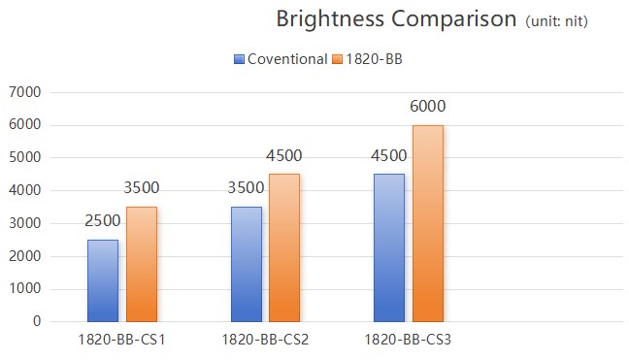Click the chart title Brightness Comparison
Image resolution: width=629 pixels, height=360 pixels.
396,19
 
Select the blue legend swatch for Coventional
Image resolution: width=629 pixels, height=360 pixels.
240,59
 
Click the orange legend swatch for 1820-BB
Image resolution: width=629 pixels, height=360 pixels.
338,59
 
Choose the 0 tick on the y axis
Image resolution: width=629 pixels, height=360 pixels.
36,321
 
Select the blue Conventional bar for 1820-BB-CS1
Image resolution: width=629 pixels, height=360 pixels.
103,280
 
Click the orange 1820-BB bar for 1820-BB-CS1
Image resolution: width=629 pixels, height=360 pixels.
142,264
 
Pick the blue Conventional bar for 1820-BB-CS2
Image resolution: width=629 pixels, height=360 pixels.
247,264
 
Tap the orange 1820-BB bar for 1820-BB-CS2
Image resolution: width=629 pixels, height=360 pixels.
284,247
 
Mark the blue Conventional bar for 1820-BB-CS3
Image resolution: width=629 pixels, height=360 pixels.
389,247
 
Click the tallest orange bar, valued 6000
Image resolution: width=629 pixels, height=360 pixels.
428,223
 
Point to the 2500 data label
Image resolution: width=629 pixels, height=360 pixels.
103,221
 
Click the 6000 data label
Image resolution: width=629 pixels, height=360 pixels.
428,107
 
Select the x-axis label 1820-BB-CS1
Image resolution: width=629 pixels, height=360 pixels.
121,340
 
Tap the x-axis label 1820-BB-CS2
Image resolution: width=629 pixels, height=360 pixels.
265,340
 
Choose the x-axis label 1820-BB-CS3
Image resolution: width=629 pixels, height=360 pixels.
409,340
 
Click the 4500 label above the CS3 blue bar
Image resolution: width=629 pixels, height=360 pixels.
389,155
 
